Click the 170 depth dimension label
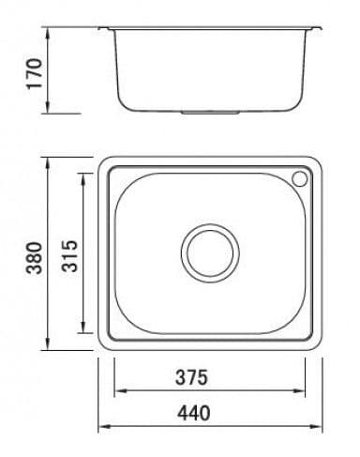35,73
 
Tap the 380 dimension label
34,258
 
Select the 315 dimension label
68,256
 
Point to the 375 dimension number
191,377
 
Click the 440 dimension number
194,413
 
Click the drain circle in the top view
210,253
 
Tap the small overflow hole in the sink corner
300,178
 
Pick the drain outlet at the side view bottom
210,112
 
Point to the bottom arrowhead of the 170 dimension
48,107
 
